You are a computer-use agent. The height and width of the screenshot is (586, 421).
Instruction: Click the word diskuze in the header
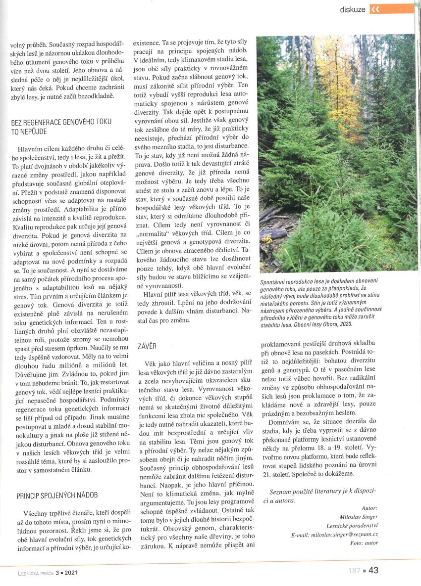tap(353, 9)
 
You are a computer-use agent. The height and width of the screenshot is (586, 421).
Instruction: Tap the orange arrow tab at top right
tap(391, 9)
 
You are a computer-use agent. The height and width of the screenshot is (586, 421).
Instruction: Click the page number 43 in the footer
tap(373, 570)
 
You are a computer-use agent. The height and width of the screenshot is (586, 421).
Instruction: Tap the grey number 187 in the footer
tap(354, 571)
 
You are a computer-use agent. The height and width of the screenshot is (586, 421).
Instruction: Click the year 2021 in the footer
tap(69, 573)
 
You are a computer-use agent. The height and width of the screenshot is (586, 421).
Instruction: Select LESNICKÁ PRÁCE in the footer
tap(31, 573)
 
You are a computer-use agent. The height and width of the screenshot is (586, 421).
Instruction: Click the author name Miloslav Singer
tap(360, 517)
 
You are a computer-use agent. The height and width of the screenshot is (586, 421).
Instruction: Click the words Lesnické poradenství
tap(352, 526)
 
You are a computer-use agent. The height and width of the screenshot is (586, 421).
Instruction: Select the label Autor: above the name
tap(369, 508)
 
